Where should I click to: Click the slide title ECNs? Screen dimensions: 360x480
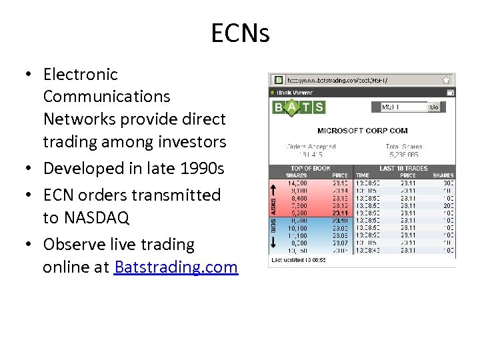pyautogui.click(x=240, y=32)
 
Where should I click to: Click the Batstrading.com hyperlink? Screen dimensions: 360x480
pyautogui.click(x=176, y=267)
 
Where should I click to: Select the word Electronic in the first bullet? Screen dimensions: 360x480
pyautogui.click(x=80, y=75)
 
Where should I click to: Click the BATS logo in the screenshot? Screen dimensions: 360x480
pyautogui.click(x=299, y=107)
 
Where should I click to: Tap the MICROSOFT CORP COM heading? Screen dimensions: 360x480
pyautogui.click(x=362, y=131)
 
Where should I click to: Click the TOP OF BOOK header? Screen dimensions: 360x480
pyautogui.click(x=311, y=169)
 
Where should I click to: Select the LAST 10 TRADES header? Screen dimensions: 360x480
pyautogui.click(x=403, y=169)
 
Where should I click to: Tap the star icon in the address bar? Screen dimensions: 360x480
pyautogui.click(x=446, y=80)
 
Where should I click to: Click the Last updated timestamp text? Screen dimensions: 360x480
pyautogui.click(x=298, y=260)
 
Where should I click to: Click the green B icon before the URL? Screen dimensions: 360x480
pyautogui.click(x=277, y=80)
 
